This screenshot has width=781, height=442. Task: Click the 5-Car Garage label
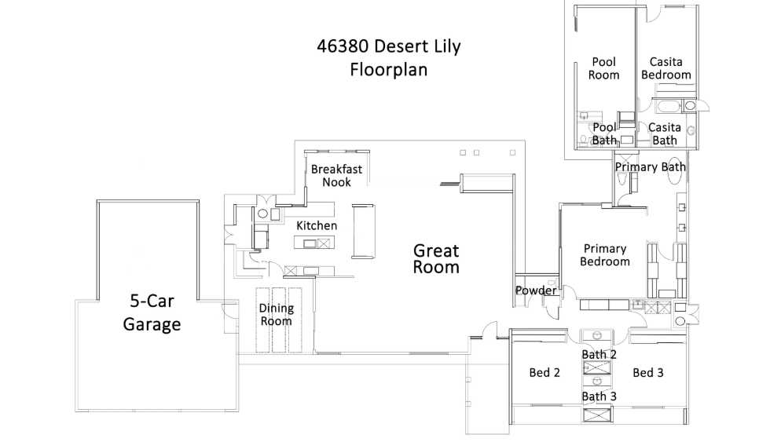(x=152, y=312)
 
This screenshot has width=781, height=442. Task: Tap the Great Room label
(x=436, y=258)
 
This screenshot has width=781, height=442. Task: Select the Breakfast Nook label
(x=335, y=175)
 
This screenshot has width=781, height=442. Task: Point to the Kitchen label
(x=317, y=226)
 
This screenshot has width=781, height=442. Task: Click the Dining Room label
(x=276, y=315)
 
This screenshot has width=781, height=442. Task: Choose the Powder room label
(x=536, y=290)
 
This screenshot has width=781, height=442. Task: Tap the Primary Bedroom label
(x=604, y=255)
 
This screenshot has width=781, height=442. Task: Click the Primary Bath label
(x=650, y=166)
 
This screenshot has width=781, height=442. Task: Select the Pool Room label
(x=603, y=68)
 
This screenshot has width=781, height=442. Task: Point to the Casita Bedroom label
(x=665, y=68)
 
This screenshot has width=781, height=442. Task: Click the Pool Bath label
(x=603, y=133)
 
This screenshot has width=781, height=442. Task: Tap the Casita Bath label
(x=665, y=133)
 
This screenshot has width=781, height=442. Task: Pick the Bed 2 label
(x=544, y=373)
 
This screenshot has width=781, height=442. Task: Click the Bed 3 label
(x=648, y=373)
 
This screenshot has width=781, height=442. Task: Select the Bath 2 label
(x=599, y=355)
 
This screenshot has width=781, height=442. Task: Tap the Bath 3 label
(x=599, y=396)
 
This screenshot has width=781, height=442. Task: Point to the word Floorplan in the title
(x=388, y=70)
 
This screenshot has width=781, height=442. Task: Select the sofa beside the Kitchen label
(x=364, y=231)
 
